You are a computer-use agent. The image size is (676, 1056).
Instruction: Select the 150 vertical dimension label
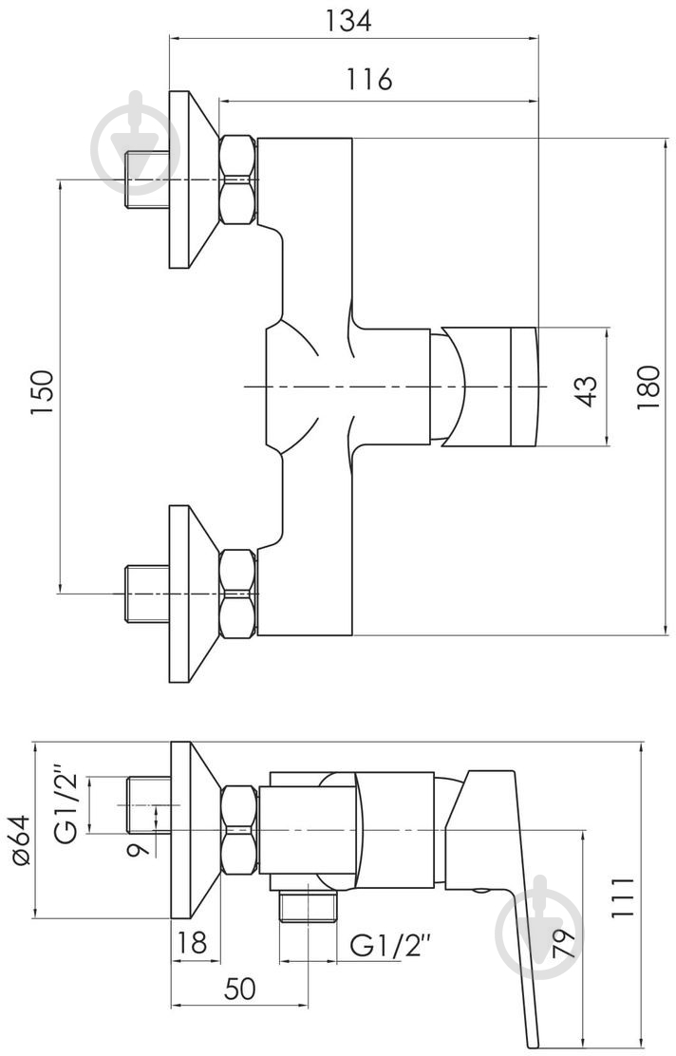tap(43, 390)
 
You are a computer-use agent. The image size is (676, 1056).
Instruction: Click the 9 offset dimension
tap(139, 845)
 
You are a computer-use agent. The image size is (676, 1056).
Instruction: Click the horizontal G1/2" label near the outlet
tap(391, 944)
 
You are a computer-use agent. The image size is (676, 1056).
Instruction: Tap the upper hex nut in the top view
tap(237, 179)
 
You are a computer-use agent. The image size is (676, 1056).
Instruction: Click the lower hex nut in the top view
tap(237, 594)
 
